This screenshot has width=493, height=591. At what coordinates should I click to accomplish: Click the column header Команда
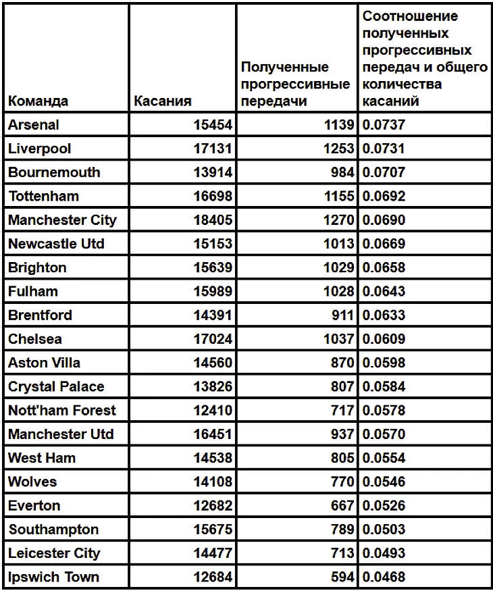38,101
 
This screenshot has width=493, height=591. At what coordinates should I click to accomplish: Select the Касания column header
163,101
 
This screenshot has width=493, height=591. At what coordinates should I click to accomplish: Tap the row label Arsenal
34,125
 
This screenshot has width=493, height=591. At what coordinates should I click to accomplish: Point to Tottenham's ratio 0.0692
384,197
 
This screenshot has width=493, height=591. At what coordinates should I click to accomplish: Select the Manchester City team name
62,220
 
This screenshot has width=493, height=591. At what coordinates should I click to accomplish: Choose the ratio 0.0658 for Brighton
384,267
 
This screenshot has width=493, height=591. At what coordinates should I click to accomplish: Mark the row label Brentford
40,315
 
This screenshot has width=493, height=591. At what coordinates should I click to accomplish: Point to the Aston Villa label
44,363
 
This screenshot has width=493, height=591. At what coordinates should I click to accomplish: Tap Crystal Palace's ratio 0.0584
384,386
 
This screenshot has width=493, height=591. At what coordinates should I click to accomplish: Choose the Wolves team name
32,482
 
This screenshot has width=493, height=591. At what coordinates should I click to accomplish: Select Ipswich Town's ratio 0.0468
384,577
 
